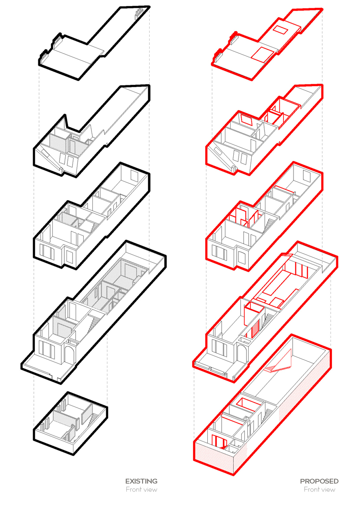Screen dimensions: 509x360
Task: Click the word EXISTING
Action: click(141, 481)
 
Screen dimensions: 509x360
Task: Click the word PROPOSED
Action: click(319, 481)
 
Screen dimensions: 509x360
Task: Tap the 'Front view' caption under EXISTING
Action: click(141, 490)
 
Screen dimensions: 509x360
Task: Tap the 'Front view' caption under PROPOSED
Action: click(319, 490)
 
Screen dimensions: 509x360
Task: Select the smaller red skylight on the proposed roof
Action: click(280, 29)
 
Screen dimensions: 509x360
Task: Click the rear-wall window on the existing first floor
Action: click(135, 175)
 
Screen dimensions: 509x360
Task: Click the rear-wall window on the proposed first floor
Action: click(307, 175)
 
